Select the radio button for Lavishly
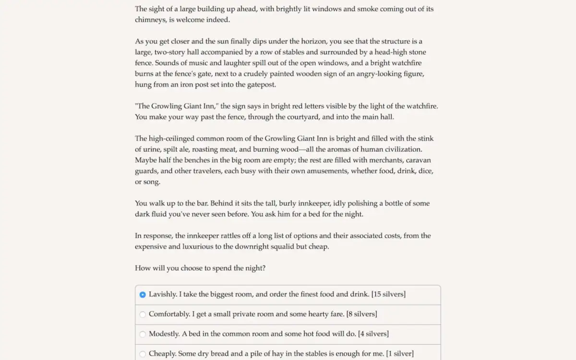pos(143,295)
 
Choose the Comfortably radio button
pos(143,314)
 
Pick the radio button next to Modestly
pos(143,334)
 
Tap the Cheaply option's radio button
pos(143,354)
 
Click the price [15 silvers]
pos(388,294)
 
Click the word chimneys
pos(150,20)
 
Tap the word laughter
pos(230,63)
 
